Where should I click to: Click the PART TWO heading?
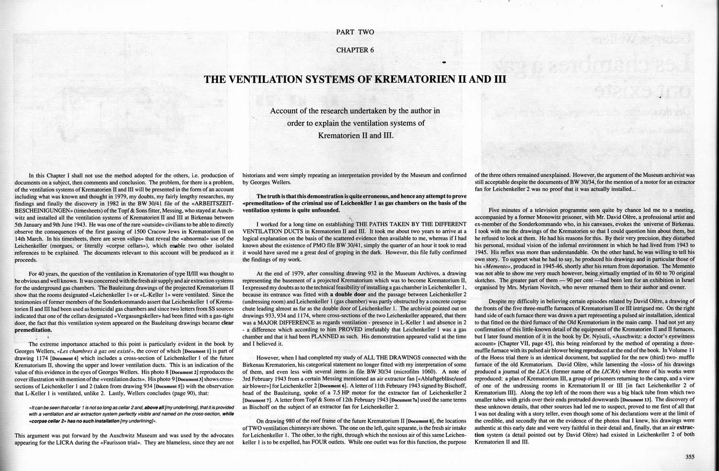click(355, 32)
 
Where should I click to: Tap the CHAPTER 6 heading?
click(355, 50)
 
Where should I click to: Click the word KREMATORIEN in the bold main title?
click(400, 79)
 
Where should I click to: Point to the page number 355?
click(690, 457)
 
